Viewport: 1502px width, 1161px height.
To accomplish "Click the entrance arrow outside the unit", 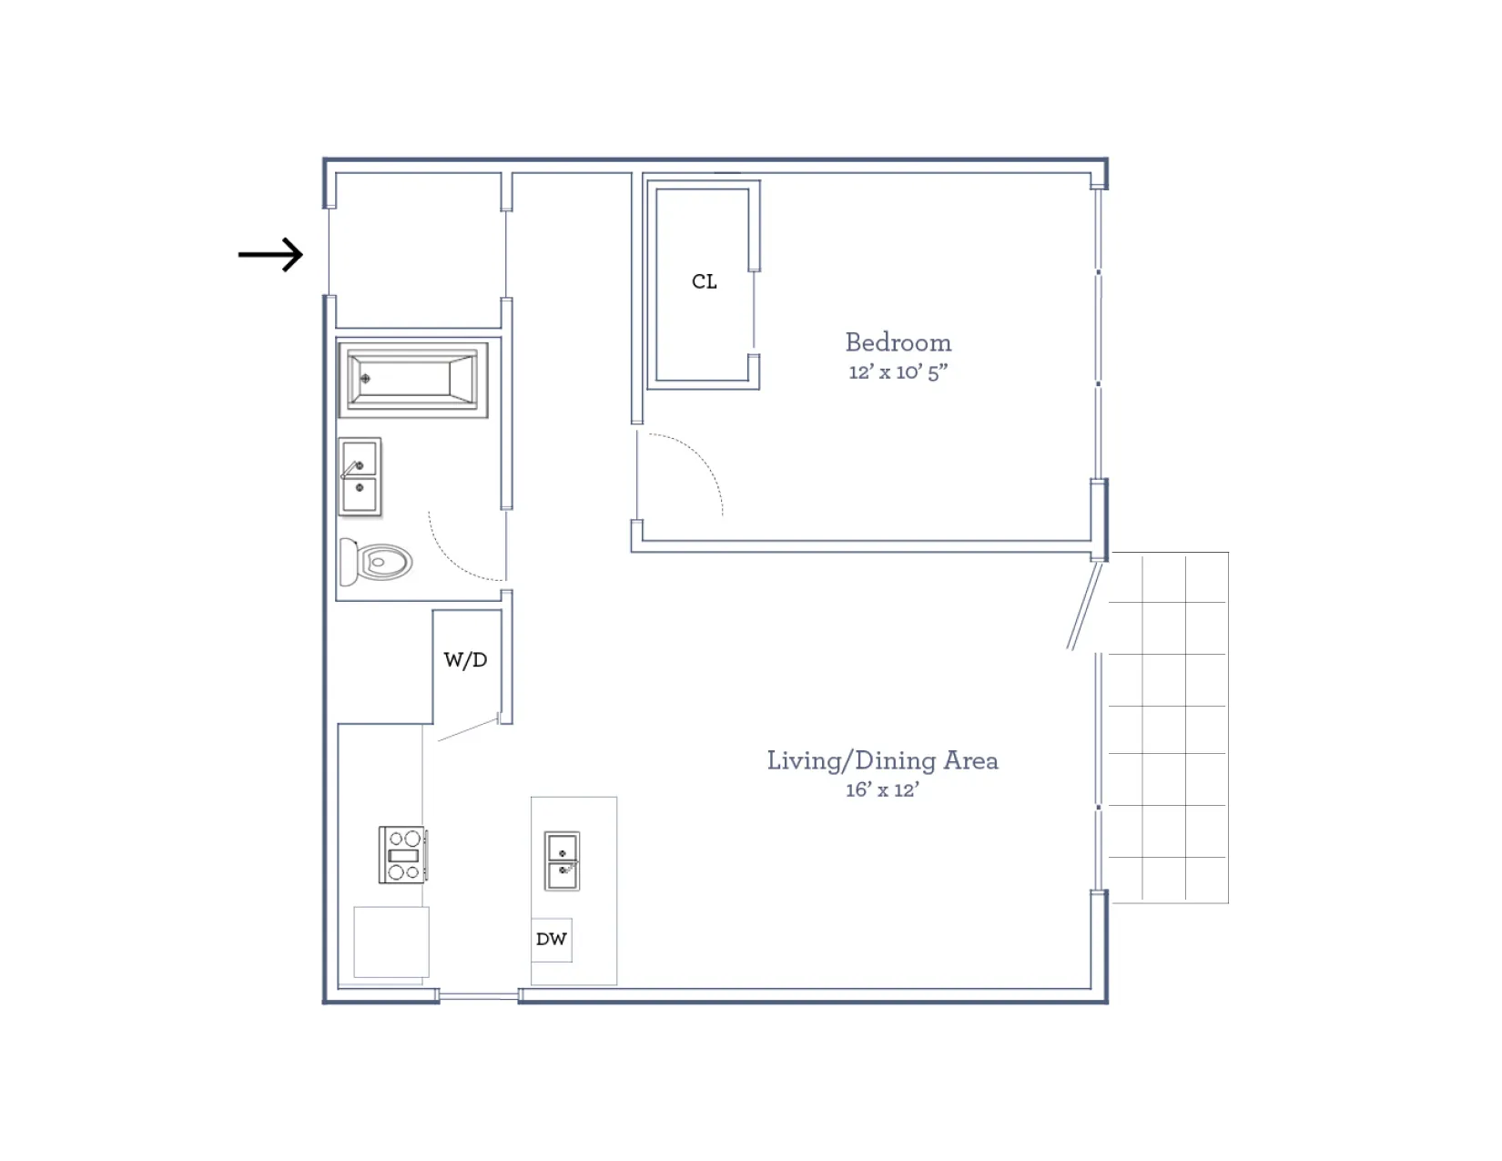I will pyautogui.click(x=270, y=254).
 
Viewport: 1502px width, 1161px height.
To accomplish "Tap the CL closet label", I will pyautogui.click(x=704, y=281).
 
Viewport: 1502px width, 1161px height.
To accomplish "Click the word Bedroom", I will pyautogui.click(x=898, y=342).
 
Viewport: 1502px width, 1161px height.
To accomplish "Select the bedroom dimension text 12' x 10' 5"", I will pyautogui.click(x=898, y=372).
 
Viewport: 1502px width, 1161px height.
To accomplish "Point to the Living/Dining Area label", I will pyautogui.click(x=881, y=760).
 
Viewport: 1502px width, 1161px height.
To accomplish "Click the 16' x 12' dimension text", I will pyautogui.click(x=881, y=789).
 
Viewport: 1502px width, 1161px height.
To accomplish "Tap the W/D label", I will pyautogui.click(x=465, y=659).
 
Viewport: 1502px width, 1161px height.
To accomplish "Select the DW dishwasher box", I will pyautogui.click(x=552, y=939).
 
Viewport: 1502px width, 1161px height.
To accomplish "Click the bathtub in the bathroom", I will pyautogui.click(x=412, y=378).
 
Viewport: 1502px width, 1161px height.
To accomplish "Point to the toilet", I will pyautogui.click(x=376, y=562).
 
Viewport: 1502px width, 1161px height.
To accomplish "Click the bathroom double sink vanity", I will pyautogui.click(x=360, y=477).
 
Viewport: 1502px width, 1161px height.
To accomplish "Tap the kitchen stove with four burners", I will pyautogui.click(x=402, y=854).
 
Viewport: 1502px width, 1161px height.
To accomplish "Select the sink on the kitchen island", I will pyautogui.click(x=562, y=861).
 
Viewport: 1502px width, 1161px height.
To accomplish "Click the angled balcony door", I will pyautogui.click(x=1085, y=606).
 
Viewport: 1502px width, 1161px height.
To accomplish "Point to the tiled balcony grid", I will pyautogui.click(x=1169, y=728).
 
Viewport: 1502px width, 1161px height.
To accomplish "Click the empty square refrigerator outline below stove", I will pyautogui.click(x=391, y=942).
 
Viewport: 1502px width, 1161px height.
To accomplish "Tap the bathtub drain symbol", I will pyautogui.click(x=365, y=378).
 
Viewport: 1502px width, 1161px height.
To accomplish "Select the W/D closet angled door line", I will pyautogui.click(x=468, y=729).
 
